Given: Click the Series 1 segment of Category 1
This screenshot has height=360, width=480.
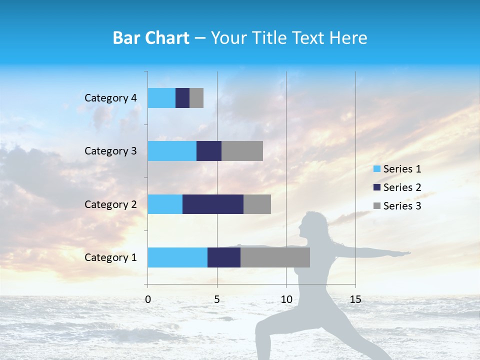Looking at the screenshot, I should [x=177, y=257].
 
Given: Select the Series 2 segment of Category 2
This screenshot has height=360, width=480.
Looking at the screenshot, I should [x=213, y=204].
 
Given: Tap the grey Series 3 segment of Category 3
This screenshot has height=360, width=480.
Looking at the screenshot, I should [x=242, y=151].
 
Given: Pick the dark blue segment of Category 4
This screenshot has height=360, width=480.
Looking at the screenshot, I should [x=182, y=98].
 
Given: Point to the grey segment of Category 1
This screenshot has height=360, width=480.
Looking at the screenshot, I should [x=275, y=257].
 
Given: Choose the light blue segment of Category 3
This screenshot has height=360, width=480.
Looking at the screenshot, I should [x=172, y=151].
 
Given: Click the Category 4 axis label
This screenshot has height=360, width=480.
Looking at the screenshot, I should [x=110, y=98].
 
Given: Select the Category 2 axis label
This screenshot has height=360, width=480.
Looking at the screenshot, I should [x=110, y=204].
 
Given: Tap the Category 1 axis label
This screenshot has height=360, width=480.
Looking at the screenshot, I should [x=110, y=257].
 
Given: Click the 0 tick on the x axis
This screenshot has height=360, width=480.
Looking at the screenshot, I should [x=148, y=299].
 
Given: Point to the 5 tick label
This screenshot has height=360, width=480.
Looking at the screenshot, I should [x=217, y=299].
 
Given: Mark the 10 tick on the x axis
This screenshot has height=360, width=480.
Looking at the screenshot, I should [x=286, y=299].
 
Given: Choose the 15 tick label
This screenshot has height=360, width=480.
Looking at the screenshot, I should [x=355, y=299].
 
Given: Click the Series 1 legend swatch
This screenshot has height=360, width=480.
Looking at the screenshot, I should [x=377, y=169].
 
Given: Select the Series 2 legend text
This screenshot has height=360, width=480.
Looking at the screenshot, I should [x=402, y=187].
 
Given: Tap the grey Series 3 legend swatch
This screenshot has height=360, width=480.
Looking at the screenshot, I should [x=377, y=206].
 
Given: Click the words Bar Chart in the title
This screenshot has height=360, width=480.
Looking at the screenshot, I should [x=151, y=38].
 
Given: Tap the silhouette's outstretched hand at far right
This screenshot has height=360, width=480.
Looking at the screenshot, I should [x=405, y=254].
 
